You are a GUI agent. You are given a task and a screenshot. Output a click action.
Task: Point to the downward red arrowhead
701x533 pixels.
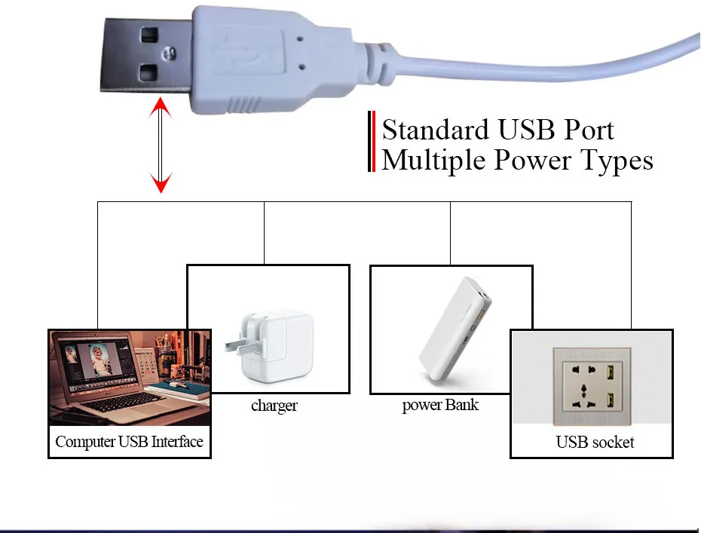click(161, 182)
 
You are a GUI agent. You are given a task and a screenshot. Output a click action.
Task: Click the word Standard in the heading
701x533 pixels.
click(436, 130)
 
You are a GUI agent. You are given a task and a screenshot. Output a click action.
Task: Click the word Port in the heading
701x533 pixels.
click(586, 130)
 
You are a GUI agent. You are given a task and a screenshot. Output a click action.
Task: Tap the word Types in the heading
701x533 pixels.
click(615, 161)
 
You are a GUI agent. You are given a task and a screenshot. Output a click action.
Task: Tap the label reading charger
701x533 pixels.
click(274, 406)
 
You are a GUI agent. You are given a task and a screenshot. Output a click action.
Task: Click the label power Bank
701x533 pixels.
click(440, 405)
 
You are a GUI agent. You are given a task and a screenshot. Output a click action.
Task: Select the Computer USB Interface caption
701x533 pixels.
click(129, 442)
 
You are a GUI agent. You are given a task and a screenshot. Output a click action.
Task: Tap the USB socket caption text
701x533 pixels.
click(595, 442)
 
